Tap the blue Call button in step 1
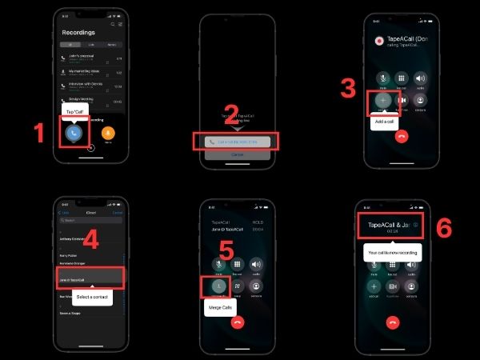coord(74,133)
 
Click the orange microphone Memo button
coord(109,133)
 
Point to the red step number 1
coord(38,133)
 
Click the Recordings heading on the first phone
coord(78,33)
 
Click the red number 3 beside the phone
coord(348,87)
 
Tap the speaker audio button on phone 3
coord(420,78)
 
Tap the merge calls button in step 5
coord(217,286)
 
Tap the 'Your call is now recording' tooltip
coord(393,252)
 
